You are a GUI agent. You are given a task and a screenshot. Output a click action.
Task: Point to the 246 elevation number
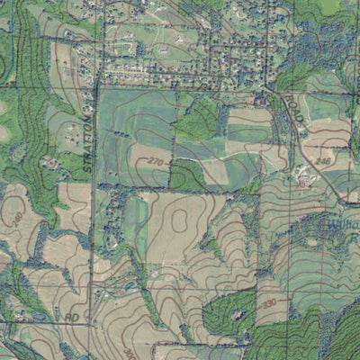click(x=324, y=161)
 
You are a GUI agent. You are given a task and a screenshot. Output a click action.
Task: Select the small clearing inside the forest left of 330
click(x=236, y=314)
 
